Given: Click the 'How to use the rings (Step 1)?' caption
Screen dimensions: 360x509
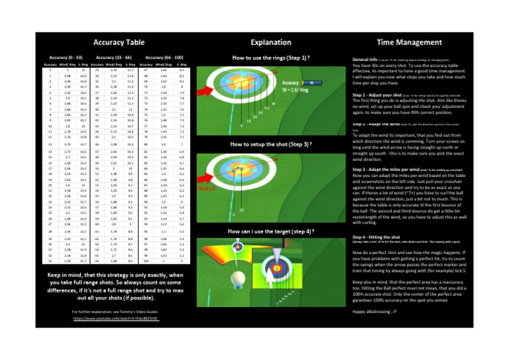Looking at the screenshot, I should point(272,58).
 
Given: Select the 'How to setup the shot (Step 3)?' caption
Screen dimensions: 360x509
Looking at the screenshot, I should point(272,144).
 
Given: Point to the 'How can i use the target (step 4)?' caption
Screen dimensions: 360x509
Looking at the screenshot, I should point(272,231).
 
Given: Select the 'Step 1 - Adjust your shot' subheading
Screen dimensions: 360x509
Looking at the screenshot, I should point(378,95).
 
